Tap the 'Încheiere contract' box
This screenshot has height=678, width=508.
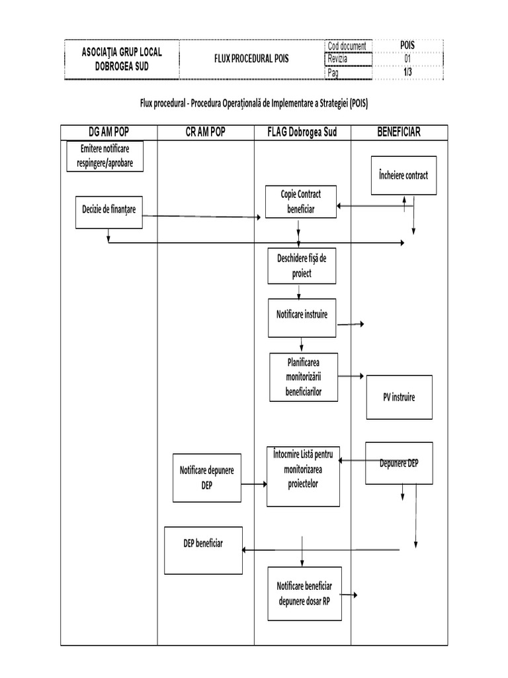[403, 175]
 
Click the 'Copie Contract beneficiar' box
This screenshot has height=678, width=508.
[301, 202]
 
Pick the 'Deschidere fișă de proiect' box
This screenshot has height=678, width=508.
[301, 266]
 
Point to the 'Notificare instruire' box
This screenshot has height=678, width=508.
[302, 315]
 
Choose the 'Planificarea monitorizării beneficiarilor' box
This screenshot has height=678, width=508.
[304, 377]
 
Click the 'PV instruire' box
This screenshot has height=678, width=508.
[399, 397]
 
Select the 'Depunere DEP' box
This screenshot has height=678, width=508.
[399, 463]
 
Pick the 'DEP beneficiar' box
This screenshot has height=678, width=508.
[203, 550]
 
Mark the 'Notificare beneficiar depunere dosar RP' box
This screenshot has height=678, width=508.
[305, 593]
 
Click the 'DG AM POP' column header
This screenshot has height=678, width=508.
[108, 132]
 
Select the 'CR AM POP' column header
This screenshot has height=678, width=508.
[205, 132]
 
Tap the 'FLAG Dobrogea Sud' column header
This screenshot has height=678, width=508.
[302, 132]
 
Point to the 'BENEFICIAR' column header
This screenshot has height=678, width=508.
[399, 132]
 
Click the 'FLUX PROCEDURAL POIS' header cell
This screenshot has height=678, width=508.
[251, 59]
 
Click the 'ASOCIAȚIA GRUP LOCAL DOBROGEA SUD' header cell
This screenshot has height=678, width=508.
[121, 59]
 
